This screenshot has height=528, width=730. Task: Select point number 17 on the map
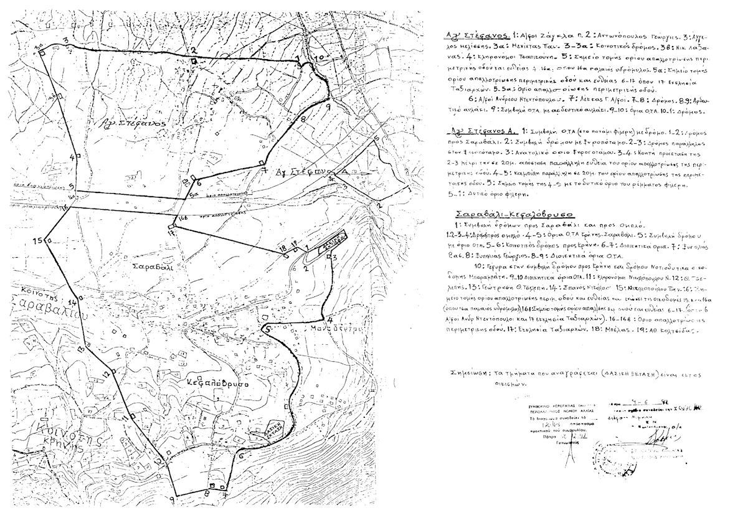pyautogui.click(x=170, y=231)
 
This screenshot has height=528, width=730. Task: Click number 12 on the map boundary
pyautogui.click(x=107, y=373)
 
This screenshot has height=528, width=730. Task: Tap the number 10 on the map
pyautogui.click(x=319, y=57)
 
